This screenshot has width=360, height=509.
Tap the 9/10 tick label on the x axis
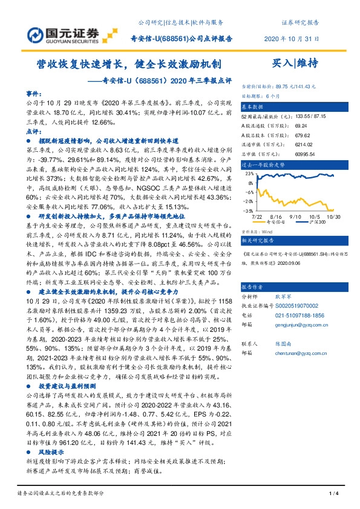click(x=296, y=215)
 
